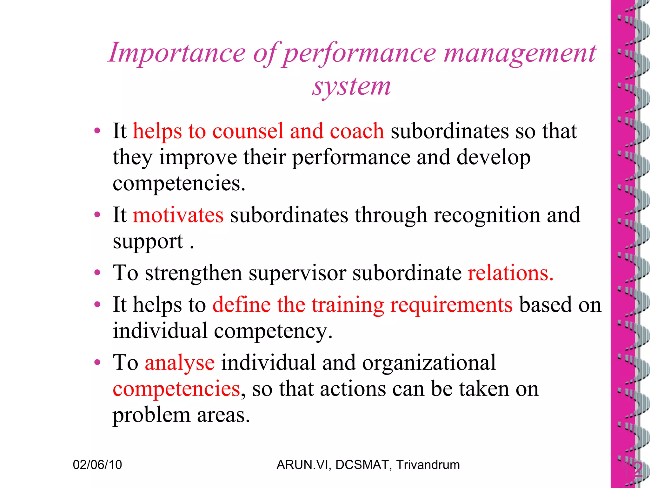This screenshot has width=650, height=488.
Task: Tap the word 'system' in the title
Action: (x=351, y=86)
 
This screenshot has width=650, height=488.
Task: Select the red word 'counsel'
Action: (x=248, y=131)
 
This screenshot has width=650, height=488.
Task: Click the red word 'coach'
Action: (x=357, y=131)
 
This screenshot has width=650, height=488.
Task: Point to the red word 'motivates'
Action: (x=178, y=215)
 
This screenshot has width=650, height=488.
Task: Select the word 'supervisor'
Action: (x=297, y=273)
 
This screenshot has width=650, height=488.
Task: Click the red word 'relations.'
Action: (x=511, y=273)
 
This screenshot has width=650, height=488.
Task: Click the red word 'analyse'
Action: (x=180, y=363)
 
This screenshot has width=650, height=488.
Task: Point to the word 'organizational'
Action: (x=429, y=363)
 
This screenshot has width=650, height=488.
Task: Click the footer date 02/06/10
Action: (x=97, y=465)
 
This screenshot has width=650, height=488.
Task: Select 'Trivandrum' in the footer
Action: (x=428, y=465)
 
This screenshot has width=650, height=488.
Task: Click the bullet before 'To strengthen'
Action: (x=97, y=273)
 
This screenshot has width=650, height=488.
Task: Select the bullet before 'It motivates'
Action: (x=97, y=215)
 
